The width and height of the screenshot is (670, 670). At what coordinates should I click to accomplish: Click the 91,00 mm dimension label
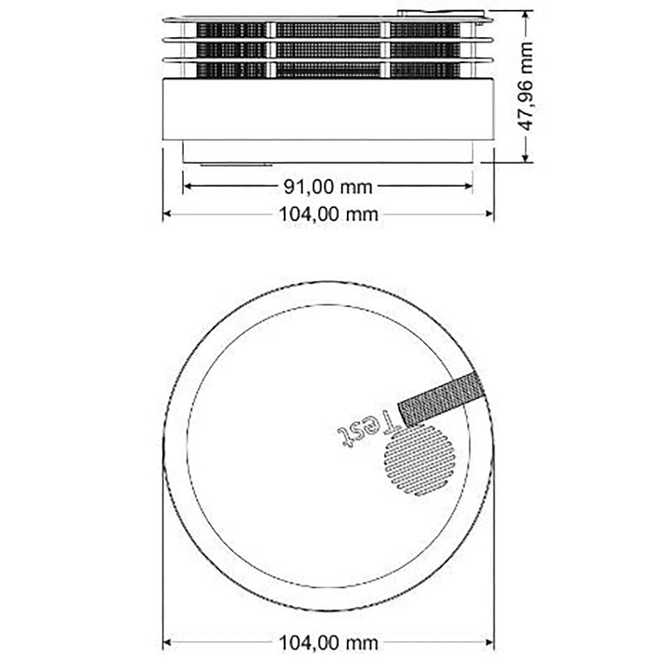click(328, 187)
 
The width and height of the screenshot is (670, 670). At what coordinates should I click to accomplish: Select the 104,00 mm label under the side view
click(328, 214)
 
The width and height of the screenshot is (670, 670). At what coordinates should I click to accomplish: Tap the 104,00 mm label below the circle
click(328, 643)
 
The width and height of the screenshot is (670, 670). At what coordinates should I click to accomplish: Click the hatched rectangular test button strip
click(442, 399)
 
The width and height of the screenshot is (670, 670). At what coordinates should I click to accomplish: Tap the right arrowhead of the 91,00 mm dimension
click(468, 186)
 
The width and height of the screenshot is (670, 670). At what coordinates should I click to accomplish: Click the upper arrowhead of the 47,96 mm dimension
click(527, 15)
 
